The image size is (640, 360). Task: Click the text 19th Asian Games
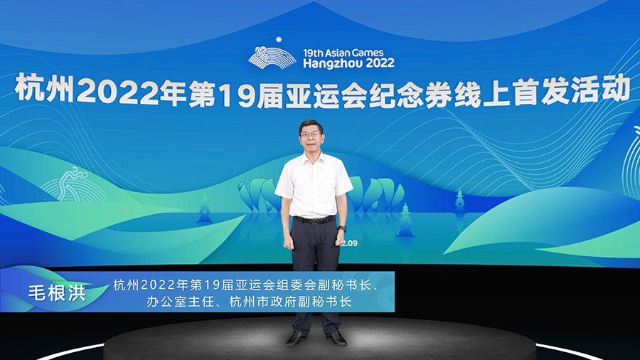343,53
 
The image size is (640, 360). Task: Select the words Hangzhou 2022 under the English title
348,63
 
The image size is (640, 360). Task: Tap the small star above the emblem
279,40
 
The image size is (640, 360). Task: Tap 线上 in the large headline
482,95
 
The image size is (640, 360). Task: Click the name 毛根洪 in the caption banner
57,292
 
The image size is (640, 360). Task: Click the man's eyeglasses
311,134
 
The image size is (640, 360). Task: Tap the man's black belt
314,219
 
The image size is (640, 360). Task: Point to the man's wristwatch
342,229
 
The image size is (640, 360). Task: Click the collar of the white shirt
313,157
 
